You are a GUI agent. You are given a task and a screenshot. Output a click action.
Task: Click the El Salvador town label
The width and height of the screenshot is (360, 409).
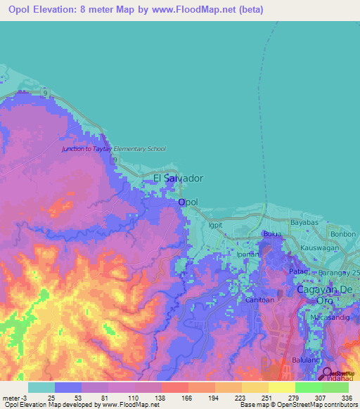178,179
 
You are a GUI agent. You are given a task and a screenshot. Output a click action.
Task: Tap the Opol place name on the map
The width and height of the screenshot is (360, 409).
188,202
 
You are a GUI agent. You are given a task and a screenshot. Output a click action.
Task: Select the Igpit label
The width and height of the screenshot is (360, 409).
215,226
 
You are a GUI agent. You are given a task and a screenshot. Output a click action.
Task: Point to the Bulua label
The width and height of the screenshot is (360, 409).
271,234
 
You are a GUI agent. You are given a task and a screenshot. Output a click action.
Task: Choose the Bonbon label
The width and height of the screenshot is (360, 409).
344,233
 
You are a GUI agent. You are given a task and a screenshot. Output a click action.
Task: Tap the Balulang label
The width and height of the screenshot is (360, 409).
304,359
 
